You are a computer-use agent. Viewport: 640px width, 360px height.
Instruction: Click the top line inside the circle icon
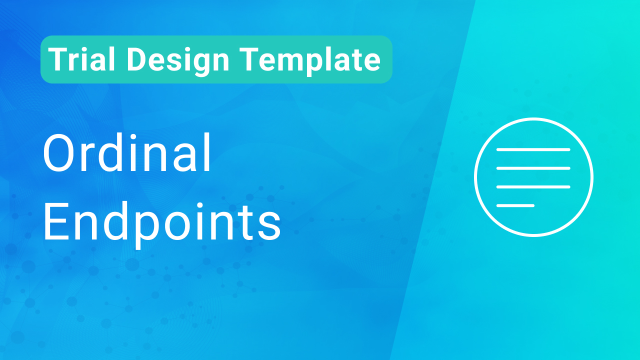[x=533, y=149]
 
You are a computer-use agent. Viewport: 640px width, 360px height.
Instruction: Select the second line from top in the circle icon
[x=533, y=168]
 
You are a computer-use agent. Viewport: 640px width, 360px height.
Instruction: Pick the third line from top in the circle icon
[x=533, y=186]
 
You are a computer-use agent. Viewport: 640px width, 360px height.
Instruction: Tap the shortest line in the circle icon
[x=515, y=205]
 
